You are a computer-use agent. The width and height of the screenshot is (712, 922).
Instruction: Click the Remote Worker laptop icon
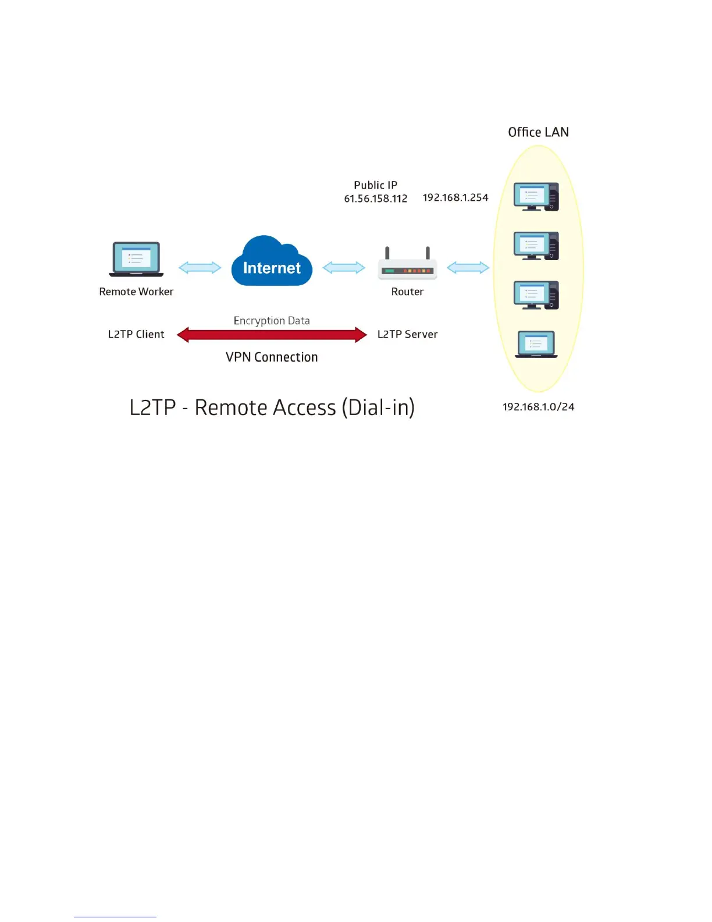point(136,259)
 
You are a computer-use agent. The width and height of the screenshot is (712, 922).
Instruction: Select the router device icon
point(407,267)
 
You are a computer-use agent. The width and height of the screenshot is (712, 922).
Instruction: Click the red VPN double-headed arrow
point(272,335)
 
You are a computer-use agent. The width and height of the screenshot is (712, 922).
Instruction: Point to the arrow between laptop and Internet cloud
point(200,268)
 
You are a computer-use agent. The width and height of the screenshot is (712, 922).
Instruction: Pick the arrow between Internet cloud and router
point(344,268)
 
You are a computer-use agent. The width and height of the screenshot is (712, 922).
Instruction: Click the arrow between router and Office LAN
point(468,268)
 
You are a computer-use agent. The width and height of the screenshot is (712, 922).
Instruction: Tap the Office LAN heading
point(538,132)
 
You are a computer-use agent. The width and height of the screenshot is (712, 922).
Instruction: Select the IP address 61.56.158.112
point(376,198)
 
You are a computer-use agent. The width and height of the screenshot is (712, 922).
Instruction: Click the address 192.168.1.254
point(455,198)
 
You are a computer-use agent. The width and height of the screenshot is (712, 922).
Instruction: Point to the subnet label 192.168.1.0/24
point(538,407)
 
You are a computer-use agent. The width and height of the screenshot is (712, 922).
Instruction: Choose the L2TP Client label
point(136,334)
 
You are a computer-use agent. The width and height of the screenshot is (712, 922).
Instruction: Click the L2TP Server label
point(407,334)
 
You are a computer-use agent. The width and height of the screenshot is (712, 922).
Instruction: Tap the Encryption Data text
point(272,321)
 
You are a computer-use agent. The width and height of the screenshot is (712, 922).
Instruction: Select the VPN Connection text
point(272,357)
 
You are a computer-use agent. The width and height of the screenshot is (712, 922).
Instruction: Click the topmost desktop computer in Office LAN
point(536,197)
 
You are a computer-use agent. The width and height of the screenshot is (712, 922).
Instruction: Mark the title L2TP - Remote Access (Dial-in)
point(272,407)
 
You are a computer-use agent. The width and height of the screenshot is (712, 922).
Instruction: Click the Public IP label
point(376,185)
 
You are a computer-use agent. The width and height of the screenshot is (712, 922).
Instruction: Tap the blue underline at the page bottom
point(115,917)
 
